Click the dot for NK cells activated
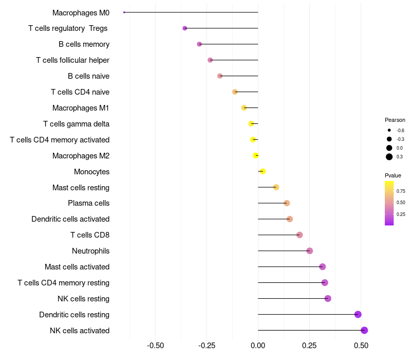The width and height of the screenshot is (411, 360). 364,331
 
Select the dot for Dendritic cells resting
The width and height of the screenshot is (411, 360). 358,315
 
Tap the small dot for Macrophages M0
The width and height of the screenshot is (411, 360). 124,12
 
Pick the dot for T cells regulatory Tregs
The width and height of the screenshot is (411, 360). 185,28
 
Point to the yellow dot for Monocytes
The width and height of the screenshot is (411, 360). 263,171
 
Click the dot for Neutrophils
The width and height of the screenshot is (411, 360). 310,251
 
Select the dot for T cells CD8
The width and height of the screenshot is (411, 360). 300,235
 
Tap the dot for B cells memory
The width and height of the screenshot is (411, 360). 199,44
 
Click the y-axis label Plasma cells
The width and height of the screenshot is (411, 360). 88,203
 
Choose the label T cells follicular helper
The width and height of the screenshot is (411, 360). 72,60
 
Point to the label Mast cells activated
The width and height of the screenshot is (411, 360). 77,267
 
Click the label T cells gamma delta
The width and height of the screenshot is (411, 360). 76,124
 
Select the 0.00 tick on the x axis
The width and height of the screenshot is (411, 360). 258,346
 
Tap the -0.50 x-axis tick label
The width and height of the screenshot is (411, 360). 155,346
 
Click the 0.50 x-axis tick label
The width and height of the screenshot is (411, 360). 361,346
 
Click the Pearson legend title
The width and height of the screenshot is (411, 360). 395,120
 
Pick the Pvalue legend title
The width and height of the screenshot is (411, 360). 393,175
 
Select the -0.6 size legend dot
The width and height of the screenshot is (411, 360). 389,130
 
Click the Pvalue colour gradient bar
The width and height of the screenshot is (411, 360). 389,203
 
